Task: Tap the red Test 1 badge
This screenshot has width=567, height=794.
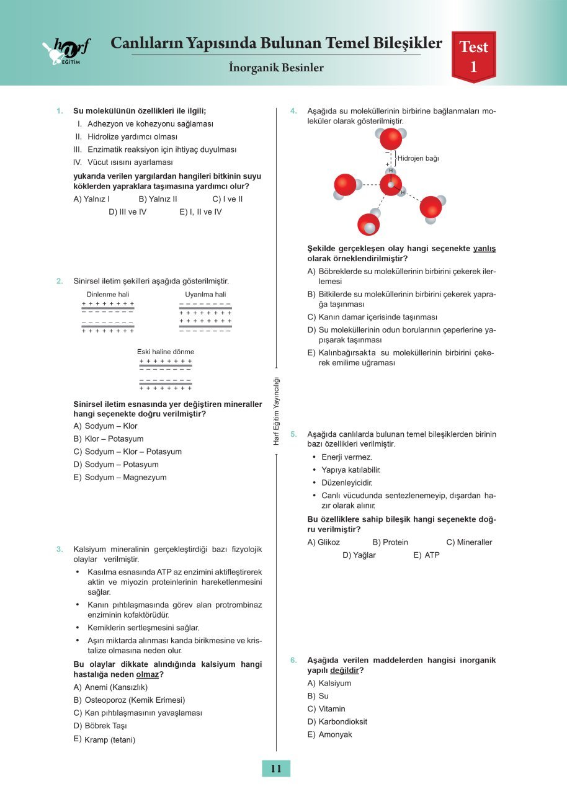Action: pos(473,56)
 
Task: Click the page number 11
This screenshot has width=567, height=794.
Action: pos(276,769)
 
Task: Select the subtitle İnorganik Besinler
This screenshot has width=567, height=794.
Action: pos(276,68)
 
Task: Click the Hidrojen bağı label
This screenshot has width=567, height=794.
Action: pos(418,158)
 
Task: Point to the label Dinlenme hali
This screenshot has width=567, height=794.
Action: pos(108,294)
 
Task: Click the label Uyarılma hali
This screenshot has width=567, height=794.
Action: pos(205,294)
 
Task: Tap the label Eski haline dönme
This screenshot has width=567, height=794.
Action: pos(166,352)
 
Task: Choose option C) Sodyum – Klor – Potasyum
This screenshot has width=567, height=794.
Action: pos(127,452)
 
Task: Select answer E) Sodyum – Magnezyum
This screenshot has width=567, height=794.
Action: pos(120,477)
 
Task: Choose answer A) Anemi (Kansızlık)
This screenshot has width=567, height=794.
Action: pos(110,687)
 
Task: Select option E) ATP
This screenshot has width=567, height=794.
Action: pos(426,555)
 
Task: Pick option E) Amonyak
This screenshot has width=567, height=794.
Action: pos(329,734)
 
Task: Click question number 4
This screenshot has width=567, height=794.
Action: pos(294,111)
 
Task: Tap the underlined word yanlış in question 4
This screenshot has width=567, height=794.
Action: pos(484,249)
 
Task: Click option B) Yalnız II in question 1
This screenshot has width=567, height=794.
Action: pos(158,199)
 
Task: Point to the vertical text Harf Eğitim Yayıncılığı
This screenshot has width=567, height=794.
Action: pos(277,411)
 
